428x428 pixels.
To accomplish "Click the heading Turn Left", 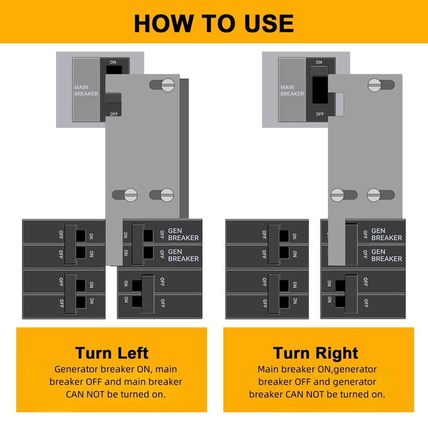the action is (112, 353).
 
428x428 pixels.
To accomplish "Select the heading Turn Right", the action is (316, 353).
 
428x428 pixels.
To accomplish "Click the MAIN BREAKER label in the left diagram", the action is (86, 90).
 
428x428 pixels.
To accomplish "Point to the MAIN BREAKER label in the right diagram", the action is (292, 90).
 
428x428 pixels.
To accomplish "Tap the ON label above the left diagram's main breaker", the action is (113, 62).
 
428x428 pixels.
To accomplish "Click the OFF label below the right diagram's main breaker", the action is (319, 113).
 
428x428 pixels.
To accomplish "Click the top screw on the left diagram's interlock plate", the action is (168, 85).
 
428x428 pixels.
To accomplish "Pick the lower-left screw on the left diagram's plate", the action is (131, 195).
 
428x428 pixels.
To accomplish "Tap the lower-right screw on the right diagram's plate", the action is (375, 195).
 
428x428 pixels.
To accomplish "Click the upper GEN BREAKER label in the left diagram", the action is (183, 234).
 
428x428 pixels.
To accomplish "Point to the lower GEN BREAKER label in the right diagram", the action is (386, 255).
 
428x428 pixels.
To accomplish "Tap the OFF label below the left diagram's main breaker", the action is (114, 113).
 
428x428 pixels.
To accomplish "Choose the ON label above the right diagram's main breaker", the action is (319, 62).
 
